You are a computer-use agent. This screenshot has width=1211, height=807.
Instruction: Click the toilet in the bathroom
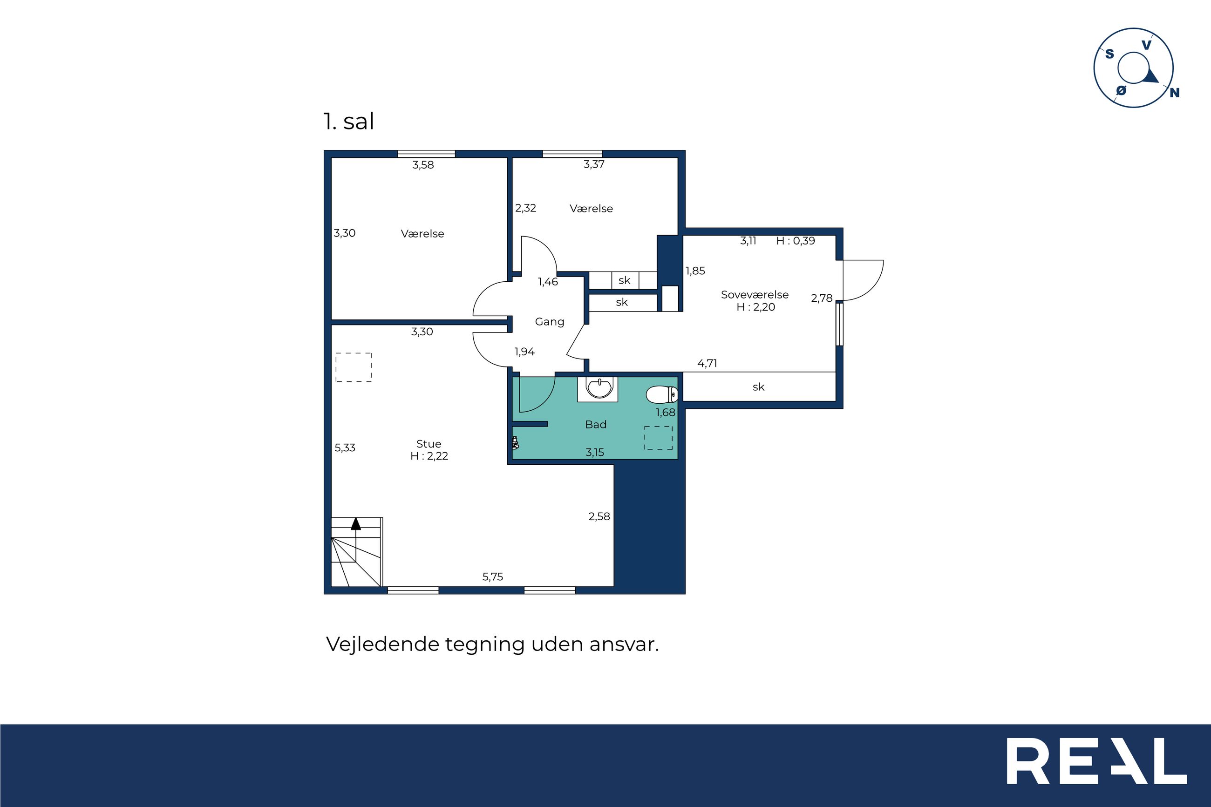point(662,395)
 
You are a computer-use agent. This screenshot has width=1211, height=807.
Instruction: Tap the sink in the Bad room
point(599,388)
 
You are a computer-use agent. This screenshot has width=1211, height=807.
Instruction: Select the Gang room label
point(550,322)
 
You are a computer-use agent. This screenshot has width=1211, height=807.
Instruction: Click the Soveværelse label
point(755,294)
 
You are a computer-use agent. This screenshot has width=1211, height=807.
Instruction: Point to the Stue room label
point(429,444)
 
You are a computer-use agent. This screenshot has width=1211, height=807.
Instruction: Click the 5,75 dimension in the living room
point(492,577)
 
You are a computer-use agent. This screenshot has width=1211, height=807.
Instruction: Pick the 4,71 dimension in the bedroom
point(707,363)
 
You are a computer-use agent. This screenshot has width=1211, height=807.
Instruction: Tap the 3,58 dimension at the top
point(423,165)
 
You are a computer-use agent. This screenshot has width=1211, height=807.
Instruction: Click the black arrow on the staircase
point(356,523)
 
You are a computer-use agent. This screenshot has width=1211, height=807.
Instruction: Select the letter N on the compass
point(1175,93)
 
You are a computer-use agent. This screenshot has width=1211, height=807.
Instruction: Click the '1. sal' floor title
point(348,122)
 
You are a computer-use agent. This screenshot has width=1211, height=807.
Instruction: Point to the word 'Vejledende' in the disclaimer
point(383,644)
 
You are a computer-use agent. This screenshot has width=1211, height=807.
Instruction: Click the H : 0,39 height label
point(796,241)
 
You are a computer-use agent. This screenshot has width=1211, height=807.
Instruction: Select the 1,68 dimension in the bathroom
point(666,412)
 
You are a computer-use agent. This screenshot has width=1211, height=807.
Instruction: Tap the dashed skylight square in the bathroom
point(658,437)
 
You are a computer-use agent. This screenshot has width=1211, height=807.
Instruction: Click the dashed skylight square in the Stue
point(354,367)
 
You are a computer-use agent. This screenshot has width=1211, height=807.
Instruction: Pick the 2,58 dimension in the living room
point(599,516)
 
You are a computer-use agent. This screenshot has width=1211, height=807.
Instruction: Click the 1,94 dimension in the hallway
point(524,352)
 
